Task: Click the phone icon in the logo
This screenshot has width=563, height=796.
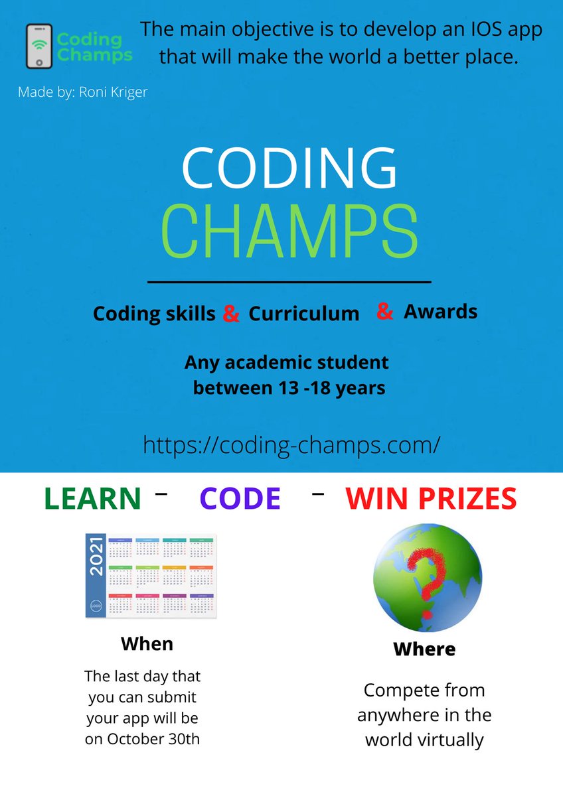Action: (39, 46)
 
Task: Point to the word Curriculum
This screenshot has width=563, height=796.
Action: (303, 314)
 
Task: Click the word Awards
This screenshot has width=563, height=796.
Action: (440, 311)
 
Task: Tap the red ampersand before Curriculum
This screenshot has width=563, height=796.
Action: (231, 314)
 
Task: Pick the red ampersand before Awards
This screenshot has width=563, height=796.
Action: (384, 310)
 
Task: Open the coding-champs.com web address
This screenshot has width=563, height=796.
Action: (291, 444)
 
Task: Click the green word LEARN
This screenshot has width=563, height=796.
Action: (92, 499)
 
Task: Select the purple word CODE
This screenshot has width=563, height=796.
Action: (240, 499)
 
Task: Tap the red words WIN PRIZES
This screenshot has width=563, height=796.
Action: (431, 499)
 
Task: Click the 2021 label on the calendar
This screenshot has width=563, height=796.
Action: (96, 556)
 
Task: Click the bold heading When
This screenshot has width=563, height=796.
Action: (147, 643)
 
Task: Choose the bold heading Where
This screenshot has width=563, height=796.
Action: (424, 649)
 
